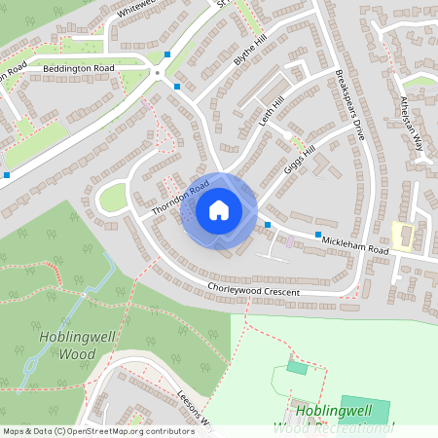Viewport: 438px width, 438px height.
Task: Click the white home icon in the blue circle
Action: click(218, 209)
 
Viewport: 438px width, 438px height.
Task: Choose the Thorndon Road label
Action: click(180, 198)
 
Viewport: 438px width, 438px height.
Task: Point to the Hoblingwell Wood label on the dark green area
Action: click(67, 345)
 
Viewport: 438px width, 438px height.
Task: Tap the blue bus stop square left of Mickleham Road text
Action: click(317, 235)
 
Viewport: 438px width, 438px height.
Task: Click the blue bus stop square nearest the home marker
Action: click(268, 225)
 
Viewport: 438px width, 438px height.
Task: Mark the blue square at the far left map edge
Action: click(7, 175)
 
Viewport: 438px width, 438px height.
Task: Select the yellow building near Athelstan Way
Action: click(403, 235)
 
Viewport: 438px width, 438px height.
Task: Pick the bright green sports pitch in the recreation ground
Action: click(365, 409)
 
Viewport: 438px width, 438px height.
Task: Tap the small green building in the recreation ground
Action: click(297, 368)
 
